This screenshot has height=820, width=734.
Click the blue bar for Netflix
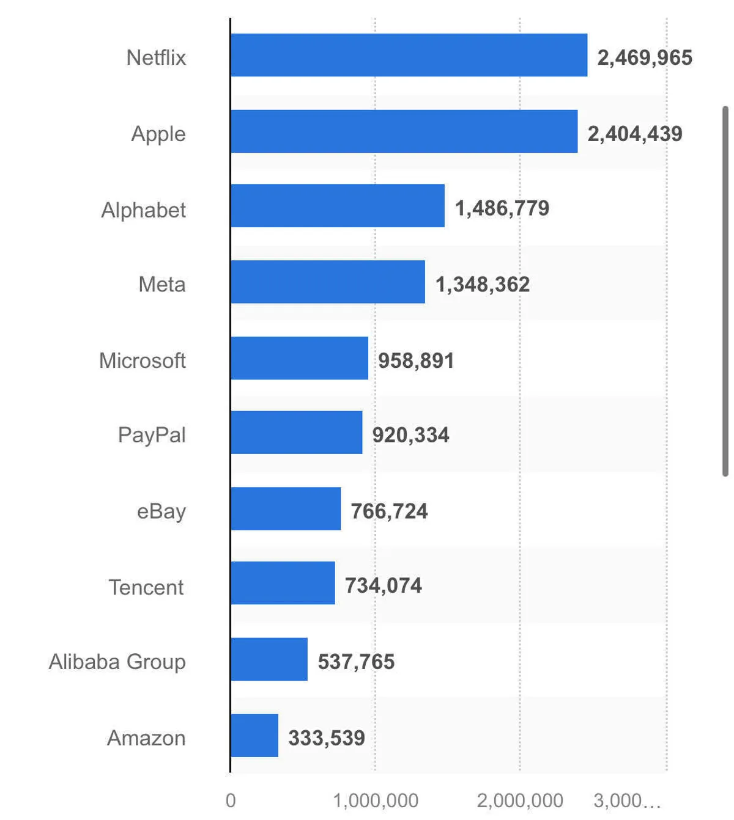[x=409, y=55]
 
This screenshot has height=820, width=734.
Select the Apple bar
[x=404, y=131]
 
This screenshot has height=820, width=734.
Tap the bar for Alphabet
[x=338, y=205]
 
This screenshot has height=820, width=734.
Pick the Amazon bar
[x=254, y=735]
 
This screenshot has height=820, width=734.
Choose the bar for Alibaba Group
[x=269, y=659]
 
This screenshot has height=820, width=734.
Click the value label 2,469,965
[x=645, y=57]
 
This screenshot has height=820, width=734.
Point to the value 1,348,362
[x=483, y=284]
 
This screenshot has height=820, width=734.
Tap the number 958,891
[x=416, y=361]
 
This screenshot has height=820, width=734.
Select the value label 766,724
[x=389, y=511]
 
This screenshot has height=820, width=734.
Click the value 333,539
[x=327, y=738]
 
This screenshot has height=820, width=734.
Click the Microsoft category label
[x=143, y=361]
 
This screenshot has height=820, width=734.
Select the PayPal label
[x=152, y=435]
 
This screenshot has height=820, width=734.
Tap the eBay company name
[x=161, y=511]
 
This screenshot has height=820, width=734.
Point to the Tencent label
[x=146, y=587]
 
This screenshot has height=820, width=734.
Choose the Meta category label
[x=162, y=284]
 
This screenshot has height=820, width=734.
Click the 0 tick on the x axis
[x=231, y=800]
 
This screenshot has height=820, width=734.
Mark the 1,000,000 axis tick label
[x=376, y=800]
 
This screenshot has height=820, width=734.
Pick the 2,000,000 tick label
[x=520, y=800]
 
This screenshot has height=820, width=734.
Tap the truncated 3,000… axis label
[x=628, y=800]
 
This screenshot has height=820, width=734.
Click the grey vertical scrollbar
[x=725, y=291]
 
